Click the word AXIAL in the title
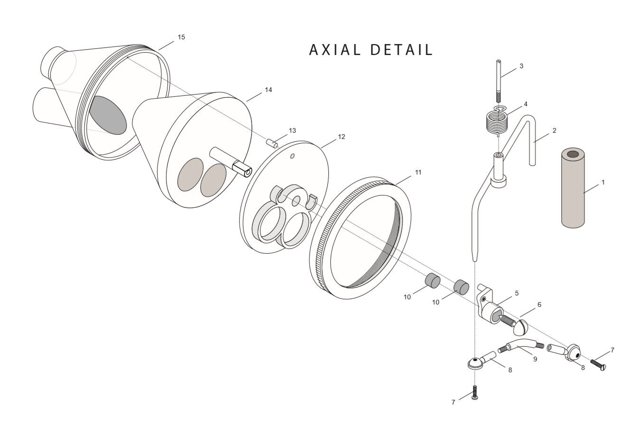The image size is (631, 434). pyautogui.click(x=335, y=50)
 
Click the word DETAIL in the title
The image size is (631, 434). pyautogui.click(x=401, y=50)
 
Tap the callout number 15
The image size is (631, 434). pyautogui.click(x=181, y=37)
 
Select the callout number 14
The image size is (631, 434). pyautogui.click(x=268, y=90)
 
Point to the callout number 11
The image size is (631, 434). pyautogui.click(x=418, y=172)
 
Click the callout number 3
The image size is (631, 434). pyautogui.click(x=521, y=66)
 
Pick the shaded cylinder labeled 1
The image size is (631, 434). pyautogui.click(x=573, y=188)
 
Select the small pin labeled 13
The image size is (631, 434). pyautogui.click(x=272, y=143)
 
